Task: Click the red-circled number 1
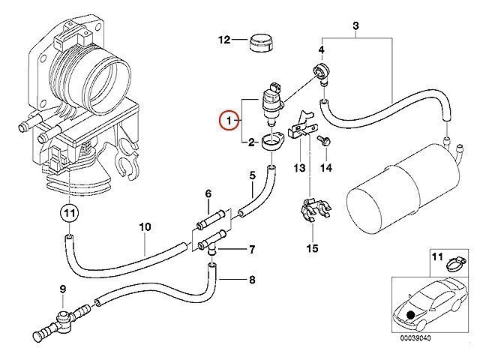226,119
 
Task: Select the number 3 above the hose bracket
356,28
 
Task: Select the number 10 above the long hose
145,225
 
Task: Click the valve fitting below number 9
61,318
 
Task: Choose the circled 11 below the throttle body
70,214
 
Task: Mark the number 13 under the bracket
300,169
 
